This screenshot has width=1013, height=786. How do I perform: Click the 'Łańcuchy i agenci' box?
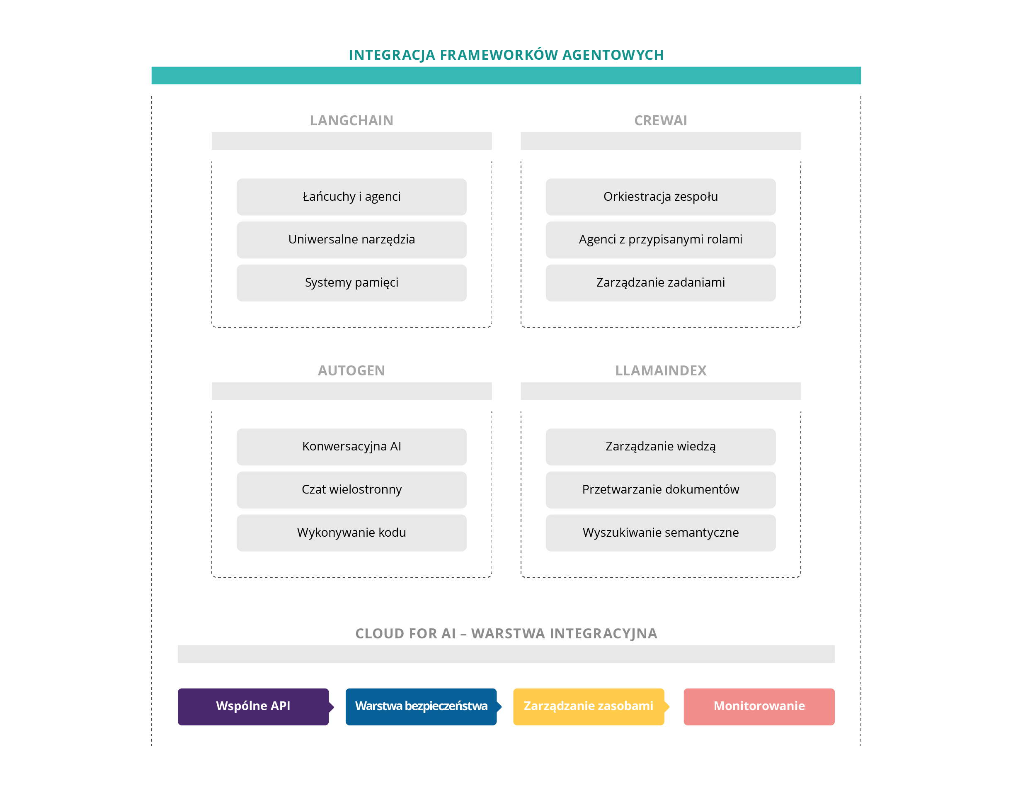click(351, 197)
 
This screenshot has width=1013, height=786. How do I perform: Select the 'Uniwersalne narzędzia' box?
click(351, 240)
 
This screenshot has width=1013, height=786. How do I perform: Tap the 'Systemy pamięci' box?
click(351, 283)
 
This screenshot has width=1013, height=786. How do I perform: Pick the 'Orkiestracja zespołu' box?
click(661, 197)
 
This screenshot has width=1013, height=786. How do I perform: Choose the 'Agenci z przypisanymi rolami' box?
click(661, 240)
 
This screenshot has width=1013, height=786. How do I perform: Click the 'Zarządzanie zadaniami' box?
click(661, 283)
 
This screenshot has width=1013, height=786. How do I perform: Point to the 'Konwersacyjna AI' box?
click(351, 447)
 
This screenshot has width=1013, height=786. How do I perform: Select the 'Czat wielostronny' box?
click(351, 490)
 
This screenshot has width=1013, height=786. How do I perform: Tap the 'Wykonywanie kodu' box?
click(351, 533)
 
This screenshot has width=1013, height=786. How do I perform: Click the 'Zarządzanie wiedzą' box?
click(661, 447)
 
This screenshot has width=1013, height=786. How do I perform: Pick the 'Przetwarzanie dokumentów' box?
click(661, 490)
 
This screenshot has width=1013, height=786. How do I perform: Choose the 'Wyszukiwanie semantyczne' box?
click(661, 533)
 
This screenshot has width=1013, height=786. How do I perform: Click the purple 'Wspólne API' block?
click(253, 706)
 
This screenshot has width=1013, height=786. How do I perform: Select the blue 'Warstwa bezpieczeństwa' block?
click(421, 706)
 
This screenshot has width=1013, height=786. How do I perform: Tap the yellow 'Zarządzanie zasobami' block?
click(588, 706)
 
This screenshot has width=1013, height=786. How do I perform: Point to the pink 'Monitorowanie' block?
click(759, 706)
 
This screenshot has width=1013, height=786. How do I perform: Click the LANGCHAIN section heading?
click(351, 121)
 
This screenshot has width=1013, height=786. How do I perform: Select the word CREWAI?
click(661, 121)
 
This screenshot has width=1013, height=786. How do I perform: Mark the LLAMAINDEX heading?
click(661, 370)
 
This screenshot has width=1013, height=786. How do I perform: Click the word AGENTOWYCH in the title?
click(613, 55)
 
